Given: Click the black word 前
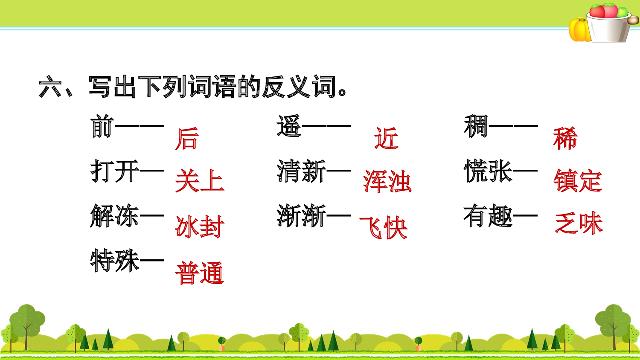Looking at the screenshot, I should coord(102,126).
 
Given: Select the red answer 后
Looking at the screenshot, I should coord(187,139).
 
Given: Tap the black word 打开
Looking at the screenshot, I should coord(115,171).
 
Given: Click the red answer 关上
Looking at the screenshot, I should coord(200,180).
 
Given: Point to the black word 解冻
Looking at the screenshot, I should coord(115,215).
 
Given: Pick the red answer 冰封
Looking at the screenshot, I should coord(200,226).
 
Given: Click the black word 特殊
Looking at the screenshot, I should coord(115,261).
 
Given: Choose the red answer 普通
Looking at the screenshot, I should coord(200,273).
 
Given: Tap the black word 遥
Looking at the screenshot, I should coord(289,126).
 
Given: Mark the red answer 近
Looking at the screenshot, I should coord(386,138).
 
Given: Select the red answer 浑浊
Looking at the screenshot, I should coord(387,181).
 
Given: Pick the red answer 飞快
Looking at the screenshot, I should coord(384,227).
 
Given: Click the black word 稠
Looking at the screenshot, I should coord(476,126).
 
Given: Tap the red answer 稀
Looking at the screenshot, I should coord(565,138).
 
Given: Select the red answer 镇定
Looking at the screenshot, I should coord(578,180).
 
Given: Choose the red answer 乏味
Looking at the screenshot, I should coord(579,223).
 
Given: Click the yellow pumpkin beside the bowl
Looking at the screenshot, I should coord(579,30).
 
